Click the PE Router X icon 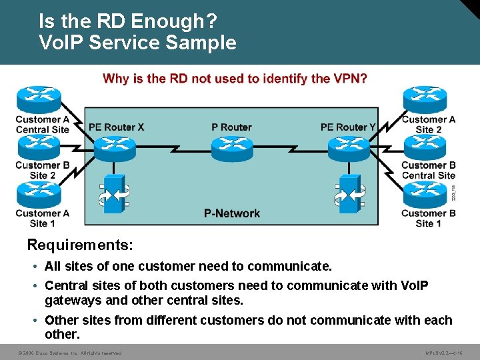pyautogui.click(x=115, y=148)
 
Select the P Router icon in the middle pyautogui.click(x=231, y=148)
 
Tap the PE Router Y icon pyautogui.click(x=348, y=148)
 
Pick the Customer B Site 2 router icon pyautogui.click(x=39, y=147)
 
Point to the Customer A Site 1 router pyautogui.click(x=39, y=195)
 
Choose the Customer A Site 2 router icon pyautogui.click(x=424, y=100)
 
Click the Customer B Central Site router pyautogui.click(x=424, y=147)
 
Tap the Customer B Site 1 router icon pyautogui.click(x=424, y=195)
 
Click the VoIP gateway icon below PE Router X pyautogui.click(x=115, y=194)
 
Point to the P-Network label pyautogui.click(x=232, y=213)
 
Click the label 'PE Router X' pyautogui.click(x=116, y=127)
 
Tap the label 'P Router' pyautogui.click(x=231, y=127)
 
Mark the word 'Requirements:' pyautogui.click(x=80, y=245)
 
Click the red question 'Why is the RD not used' pyautogui.click(x=235, y=79)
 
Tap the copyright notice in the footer pyautogui.click(x=70, y=353)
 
